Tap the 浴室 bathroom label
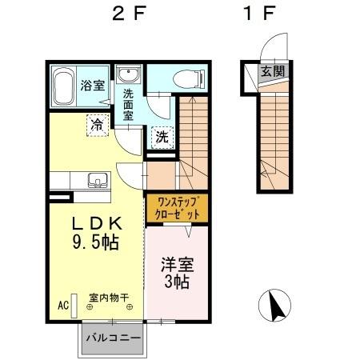(93, 85)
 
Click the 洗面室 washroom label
(127, 103)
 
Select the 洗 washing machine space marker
(162, 136)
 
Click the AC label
(62, 305)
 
